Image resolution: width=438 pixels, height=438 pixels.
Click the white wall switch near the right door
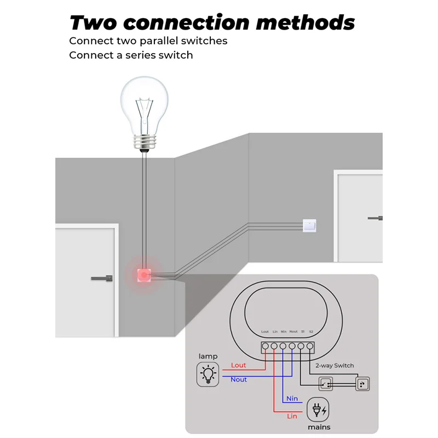coord(309,224)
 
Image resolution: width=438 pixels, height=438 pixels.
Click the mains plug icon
coord(319,410)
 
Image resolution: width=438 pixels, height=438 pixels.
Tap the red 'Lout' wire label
coord(239,365)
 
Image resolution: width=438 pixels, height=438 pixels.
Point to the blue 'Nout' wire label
coord(239,379)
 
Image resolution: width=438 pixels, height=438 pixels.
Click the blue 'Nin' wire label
coord(292,399)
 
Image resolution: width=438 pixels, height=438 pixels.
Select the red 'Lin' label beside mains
coord(293,417)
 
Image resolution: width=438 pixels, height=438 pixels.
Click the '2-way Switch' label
coord(335,365)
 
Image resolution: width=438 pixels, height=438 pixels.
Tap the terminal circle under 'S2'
coord(310,346)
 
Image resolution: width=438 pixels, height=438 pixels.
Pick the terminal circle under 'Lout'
coord(265,346)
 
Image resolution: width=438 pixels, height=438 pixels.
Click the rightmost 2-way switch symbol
coord(362,384)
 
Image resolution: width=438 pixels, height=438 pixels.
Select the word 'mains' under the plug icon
coord(319,427)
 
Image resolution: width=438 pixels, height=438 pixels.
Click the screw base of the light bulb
coord(143,143)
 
